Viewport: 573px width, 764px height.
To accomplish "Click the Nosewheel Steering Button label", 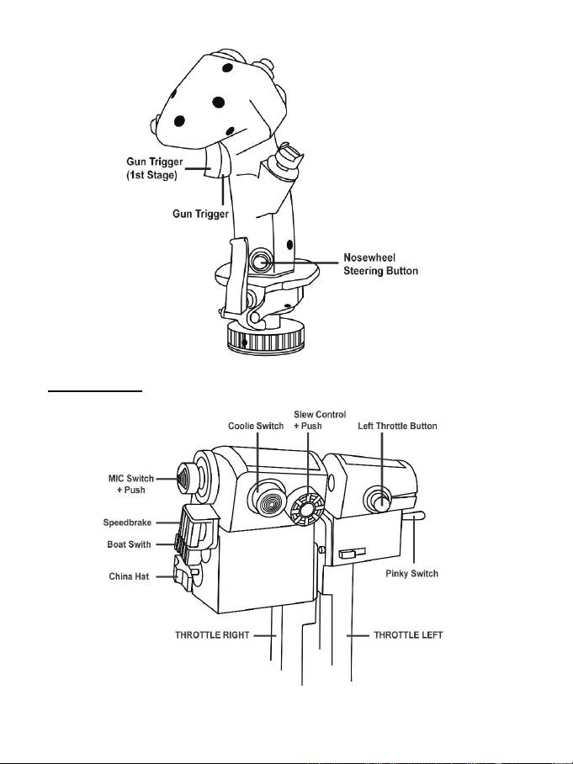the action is (x=380, y=264).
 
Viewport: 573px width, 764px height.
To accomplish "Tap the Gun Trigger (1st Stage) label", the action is (x=155, y=168).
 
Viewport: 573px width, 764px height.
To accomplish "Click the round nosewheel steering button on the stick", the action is (x=261, y=260).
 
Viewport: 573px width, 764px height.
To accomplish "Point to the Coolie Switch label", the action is (x=256, y=426).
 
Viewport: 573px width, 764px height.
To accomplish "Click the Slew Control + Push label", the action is (x=320, y=420).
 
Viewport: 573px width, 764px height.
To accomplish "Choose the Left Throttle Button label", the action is (x=398, y=426).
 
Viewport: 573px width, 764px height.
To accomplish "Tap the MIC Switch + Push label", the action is (x=131, y=484).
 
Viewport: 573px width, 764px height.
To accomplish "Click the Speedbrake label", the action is (x=127, y=523).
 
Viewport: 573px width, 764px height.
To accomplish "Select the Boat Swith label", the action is (x=129, y=544).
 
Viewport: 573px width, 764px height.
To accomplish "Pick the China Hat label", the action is (x=129, y=576).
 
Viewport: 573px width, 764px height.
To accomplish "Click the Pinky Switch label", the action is (x=411, y=574).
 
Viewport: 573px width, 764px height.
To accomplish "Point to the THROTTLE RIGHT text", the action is (x=212, y=635).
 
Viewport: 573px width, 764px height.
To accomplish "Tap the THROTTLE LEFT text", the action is (x=408, y=635).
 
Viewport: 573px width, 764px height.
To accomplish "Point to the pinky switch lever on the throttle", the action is (x=414, y=516).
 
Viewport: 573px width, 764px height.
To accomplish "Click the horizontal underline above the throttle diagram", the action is (x=95, y=390).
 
